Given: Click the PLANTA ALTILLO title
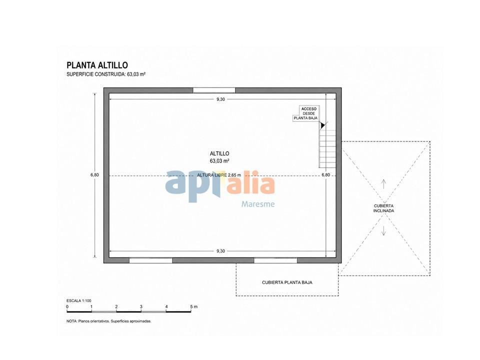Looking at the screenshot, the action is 97,65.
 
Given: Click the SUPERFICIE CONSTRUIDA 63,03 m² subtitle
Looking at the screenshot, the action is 106,74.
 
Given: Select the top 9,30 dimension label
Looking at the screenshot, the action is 220,99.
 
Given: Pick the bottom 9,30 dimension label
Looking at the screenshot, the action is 220,251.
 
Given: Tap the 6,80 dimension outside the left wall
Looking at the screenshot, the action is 94,175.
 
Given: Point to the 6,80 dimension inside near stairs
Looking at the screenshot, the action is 325,175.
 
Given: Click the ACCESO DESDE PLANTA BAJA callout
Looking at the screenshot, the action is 305,113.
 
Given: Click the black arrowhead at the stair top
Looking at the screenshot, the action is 322,125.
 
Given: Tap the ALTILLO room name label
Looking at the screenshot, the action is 219,153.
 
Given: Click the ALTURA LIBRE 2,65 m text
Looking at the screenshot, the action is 219,175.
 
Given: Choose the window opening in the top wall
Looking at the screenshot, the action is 214,90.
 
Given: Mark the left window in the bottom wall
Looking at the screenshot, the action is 150,260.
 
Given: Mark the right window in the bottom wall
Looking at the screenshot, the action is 276,260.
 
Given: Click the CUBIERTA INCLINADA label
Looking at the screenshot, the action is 383,208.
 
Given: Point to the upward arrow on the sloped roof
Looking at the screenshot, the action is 383,184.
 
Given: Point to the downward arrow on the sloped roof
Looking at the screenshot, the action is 383,231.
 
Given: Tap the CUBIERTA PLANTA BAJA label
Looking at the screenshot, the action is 287,282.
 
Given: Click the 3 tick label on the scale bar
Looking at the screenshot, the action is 141,306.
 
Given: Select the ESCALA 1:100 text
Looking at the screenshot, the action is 79,300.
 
